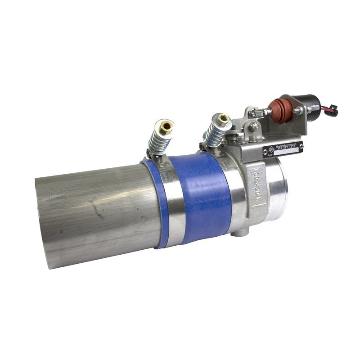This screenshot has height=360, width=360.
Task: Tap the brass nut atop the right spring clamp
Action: tap(223, 120)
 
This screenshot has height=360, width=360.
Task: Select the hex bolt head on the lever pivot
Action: tap(255, 127)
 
